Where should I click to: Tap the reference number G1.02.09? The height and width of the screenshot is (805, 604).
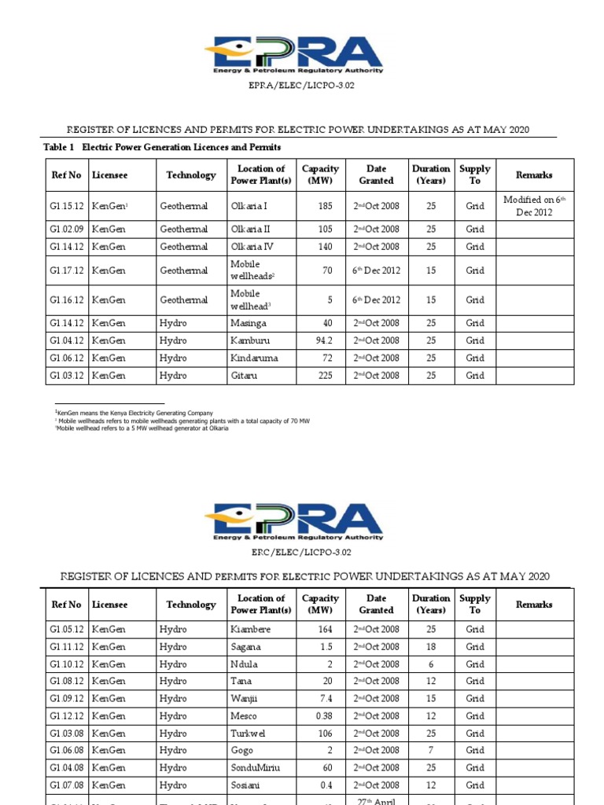coord(66,229)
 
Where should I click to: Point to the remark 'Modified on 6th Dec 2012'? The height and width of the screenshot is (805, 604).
coord(534,206)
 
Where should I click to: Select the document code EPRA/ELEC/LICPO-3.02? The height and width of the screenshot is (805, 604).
coord(302,85)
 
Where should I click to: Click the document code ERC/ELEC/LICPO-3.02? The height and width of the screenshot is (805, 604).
coord(302,553)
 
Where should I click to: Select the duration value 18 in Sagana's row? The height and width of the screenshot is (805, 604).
coord(431,647)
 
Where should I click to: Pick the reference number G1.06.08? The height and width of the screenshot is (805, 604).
coord(66,751)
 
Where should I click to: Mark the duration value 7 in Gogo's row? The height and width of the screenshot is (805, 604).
coord(431,751)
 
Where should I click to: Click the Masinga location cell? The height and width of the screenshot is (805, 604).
coord(249,323)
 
